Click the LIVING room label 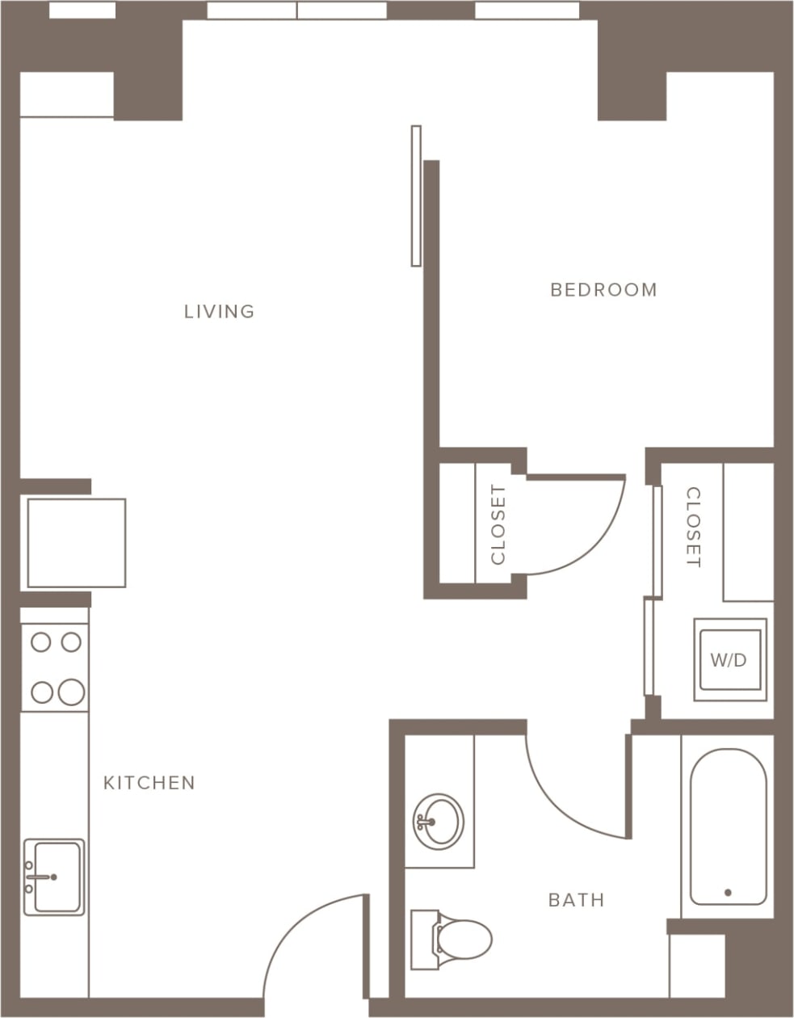click(x=219, y=311)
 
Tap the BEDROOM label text click(x=603, y=289)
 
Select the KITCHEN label click(x=149, y=782)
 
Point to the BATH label click(x=576, y=899)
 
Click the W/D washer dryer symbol click(x=729, y=659)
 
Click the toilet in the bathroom click(x=462, y=939)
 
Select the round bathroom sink click(x=439, y=820)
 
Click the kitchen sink click(x=54, y=877)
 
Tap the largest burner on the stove click(x=71, y=692)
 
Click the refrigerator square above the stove click(x=76, y=542)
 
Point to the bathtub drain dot click(x=728, y=893)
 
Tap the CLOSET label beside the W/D click(x=693, y=527)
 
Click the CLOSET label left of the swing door click(x=498, y=524)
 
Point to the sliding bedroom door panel click(x=416, y=196)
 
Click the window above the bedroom click(x=527, y=10)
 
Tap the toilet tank click(x=423, y=939)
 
